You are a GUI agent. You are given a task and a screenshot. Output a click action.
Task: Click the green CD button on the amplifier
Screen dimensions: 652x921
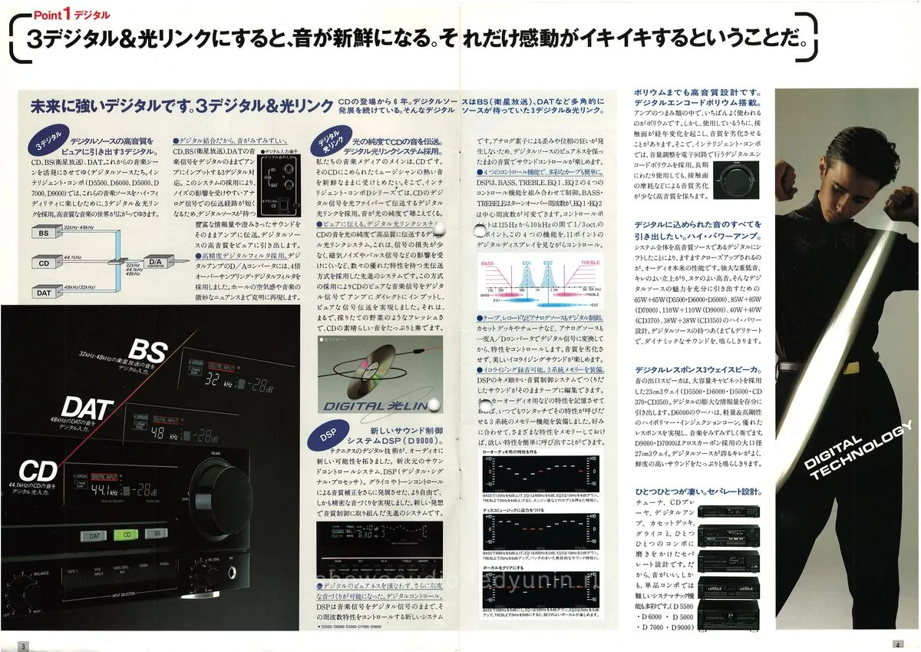[126, 535]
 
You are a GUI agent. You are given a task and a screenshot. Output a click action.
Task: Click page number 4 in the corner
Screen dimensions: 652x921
[895, 644]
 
